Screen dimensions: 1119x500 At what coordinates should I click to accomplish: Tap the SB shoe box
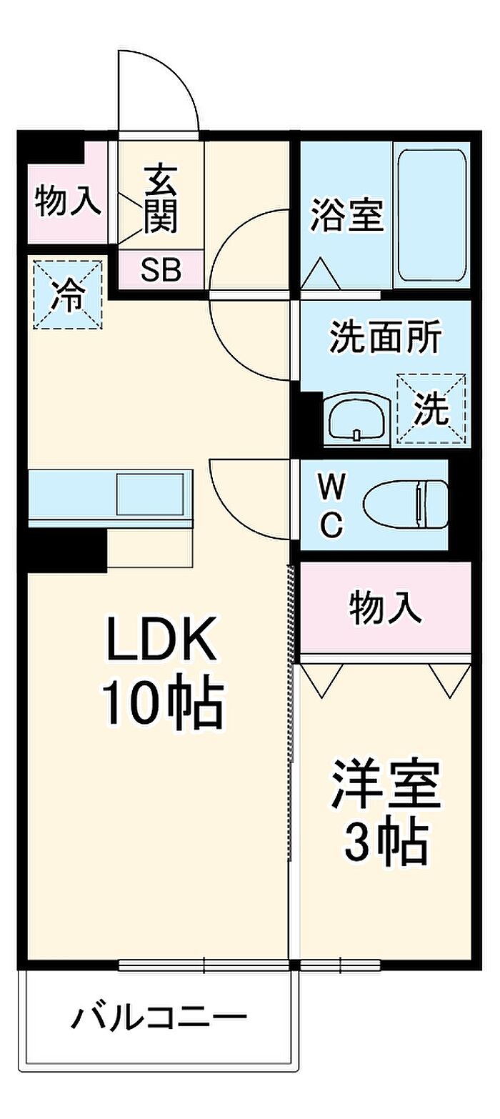(161, 270)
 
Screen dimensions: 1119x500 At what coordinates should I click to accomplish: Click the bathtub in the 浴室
(431, 214)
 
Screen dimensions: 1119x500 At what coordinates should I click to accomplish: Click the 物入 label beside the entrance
(68, 202)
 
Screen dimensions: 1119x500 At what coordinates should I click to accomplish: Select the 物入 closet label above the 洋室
(385, 608)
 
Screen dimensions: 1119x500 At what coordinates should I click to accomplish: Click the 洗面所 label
(385, 336)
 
